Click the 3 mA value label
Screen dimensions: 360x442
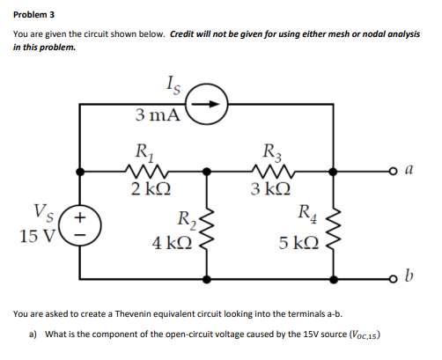159,114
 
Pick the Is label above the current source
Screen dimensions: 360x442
173,85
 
